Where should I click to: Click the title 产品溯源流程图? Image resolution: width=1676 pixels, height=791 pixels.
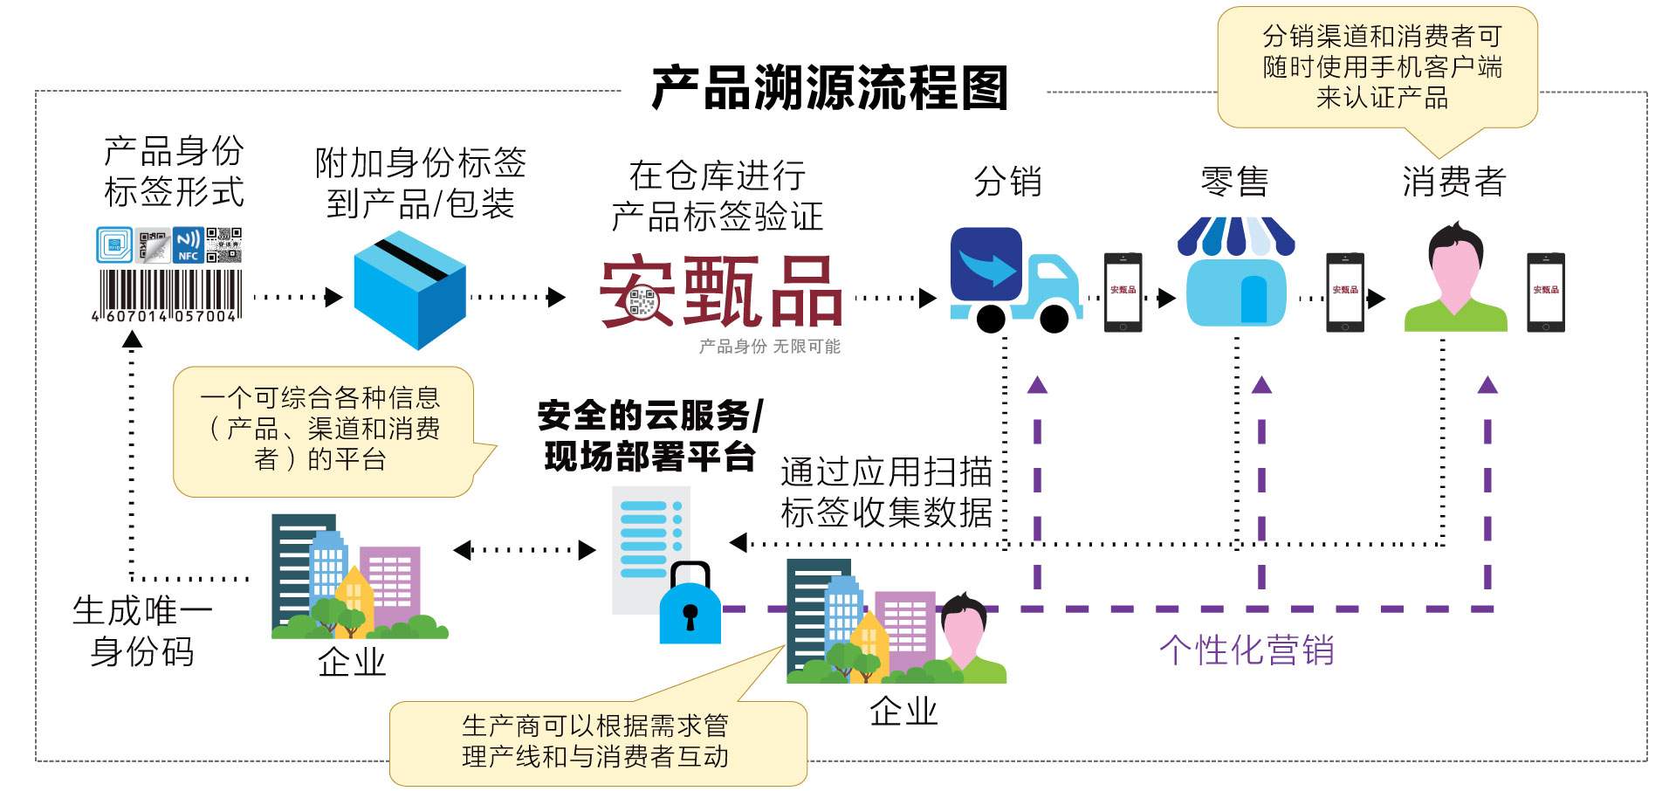(829, 87)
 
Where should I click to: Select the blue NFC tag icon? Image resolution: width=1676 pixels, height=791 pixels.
(188, 244)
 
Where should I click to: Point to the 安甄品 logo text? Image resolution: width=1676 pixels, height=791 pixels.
(721, 292)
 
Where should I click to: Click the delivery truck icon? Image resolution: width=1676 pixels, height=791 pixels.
(1013, 281)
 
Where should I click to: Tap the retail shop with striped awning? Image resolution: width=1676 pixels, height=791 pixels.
(1235, 272)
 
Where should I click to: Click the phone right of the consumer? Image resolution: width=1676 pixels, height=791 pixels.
(1545, 292)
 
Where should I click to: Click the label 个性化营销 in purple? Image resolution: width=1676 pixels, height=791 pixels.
(1247, 650)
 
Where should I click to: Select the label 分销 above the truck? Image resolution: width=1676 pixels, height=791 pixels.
(1007, 182)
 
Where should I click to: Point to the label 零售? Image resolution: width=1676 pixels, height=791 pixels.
(1234, 182)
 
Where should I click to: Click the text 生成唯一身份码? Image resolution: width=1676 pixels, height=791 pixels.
(142, 630)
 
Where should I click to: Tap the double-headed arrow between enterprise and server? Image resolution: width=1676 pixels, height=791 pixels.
(525, 550)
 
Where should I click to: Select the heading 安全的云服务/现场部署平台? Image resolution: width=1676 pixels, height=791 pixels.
(649, 436)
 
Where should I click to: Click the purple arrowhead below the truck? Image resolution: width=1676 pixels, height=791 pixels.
(1037, 385)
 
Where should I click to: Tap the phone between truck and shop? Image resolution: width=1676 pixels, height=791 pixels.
(1123, 292)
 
